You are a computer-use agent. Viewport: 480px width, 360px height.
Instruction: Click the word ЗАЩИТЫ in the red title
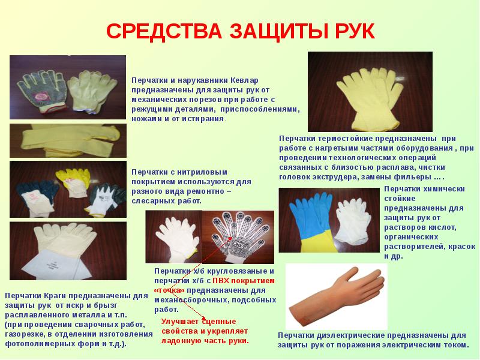point(280,31)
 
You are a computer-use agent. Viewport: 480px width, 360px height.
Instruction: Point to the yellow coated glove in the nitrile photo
point(73,181)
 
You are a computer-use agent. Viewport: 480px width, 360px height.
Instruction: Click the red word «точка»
point(170,290)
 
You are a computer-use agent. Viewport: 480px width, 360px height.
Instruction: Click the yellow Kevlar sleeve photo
point(68,140)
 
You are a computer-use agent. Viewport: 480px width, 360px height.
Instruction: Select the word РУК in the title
point(355,31)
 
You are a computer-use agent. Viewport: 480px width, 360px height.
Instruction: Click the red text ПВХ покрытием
point(244,281)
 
